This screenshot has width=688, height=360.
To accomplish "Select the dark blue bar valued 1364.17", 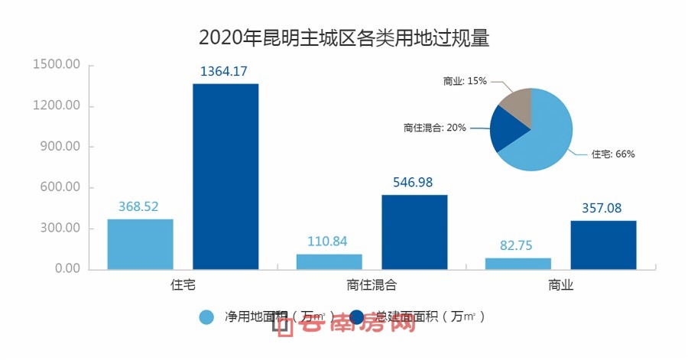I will click(226, 176).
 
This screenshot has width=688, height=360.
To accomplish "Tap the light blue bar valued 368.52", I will click(140, 244).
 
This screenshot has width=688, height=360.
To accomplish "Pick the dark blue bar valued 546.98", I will click(414, 232).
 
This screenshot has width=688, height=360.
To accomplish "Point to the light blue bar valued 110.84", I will click(329, 261).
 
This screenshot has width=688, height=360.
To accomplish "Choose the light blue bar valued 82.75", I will click(518, 264).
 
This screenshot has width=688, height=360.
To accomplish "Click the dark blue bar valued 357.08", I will click(603, 245).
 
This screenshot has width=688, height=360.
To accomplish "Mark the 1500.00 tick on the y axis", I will click(57, 65).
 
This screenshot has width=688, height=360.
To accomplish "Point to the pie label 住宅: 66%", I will click(613, 154).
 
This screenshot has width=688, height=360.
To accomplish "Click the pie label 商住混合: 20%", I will click(435, 128).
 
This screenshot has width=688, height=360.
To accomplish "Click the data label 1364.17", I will click(226, 72).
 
